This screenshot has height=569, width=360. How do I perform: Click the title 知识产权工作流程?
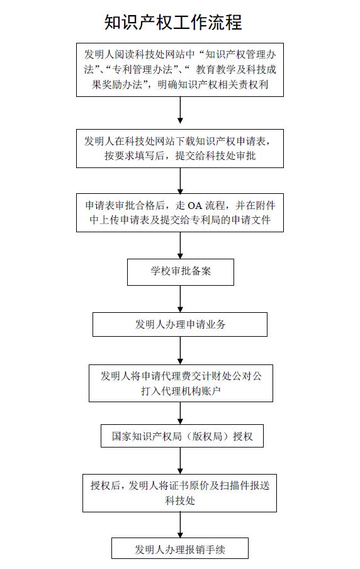coord(173,22)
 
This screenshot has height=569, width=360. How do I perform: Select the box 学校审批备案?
coord(181,272)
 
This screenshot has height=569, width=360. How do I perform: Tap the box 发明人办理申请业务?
coord(180,324)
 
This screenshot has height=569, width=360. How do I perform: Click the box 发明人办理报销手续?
coord(180,548)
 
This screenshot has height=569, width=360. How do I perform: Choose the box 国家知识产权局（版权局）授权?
coord(182,436)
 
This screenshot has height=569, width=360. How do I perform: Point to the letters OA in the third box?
coord(195,206)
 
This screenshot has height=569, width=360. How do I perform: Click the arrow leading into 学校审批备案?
coord(181,245)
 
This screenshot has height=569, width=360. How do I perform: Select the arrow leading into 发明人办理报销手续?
coord(181,525)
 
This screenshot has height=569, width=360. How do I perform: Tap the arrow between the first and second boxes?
coord(181,110)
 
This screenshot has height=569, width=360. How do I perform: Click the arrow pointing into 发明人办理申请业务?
coord(181,299)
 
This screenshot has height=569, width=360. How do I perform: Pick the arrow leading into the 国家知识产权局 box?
coord(181,413)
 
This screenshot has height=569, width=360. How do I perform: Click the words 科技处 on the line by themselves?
coord(180,501)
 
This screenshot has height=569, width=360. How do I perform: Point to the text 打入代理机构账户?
coord(181,391)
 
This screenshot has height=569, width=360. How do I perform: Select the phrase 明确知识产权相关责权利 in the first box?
coord(213,84)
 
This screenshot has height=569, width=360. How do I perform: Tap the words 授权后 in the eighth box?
coord(105,485)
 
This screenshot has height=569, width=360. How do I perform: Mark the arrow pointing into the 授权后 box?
coord(181,461)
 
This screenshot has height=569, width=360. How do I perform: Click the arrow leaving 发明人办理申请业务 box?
coord(181,351)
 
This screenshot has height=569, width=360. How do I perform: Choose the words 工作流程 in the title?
coord(208,22)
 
